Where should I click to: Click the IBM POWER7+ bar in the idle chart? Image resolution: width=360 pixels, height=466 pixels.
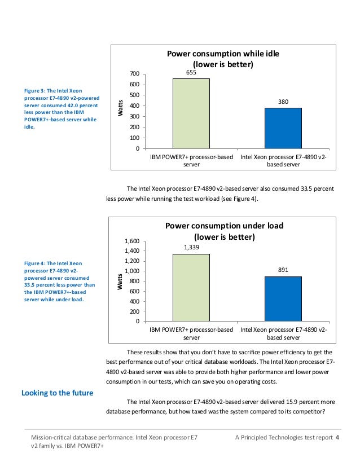point(191,113)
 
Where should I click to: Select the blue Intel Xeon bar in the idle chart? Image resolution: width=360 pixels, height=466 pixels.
point(283,128)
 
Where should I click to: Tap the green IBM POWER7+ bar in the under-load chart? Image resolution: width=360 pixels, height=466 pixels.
point(191,287)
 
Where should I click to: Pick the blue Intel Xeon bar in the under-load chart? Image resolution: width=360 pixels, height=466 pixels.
point(283,298)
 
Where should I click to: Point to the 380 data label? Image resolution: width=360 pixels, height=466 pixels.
point(283,102)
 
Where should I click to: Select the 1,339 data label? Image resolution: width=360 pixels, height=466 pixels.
point(191,247)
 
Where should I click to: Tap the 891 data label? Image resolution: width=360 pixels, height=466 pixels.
point(283,270)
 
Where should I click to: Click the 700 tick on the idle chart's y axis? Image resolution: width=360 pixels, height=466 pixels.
point(134,74)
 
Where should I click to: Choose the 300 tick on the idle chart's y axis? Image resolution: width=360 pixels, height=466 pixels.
point(134,117)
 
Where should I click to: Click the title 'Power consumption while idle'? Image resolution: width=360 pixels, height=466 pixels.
point(223,54)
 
